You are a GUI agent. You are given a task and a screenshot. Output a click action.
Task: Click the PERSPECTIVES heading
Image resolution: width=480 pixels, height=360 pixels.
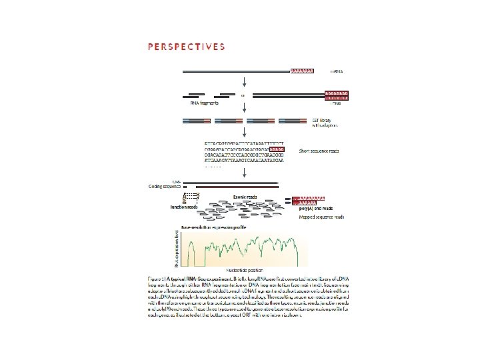coord(185,47)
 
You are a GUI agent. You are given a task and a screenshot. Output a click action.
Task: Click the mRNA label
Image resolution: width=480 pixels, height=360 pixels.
coord(339,70)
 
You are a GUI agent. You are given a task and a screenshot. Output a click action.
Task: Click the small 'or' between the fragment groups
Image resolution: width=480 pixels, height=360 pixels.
coord(243,95)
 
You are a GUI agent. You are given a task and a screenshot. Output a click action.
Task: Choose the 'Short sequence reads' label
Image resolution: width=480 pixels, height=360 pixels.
coord(319,151)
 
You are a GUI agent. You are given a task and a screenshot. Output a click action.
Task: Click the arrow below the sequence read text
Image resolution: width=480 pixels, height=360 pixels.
coord(245,173)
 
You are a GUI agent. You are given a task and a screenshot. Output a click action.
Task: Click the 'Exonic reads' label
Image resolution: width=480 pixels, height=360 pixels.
coord(245,196)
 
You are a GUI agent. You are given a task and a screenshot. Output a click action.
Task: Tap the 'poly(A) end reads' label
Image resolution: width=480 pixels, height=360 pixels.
coord(313,209)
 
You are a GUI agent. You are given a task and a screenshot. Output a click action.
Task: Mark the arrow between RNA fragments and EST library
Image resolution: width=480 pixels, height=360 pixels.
coord(245,111)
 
